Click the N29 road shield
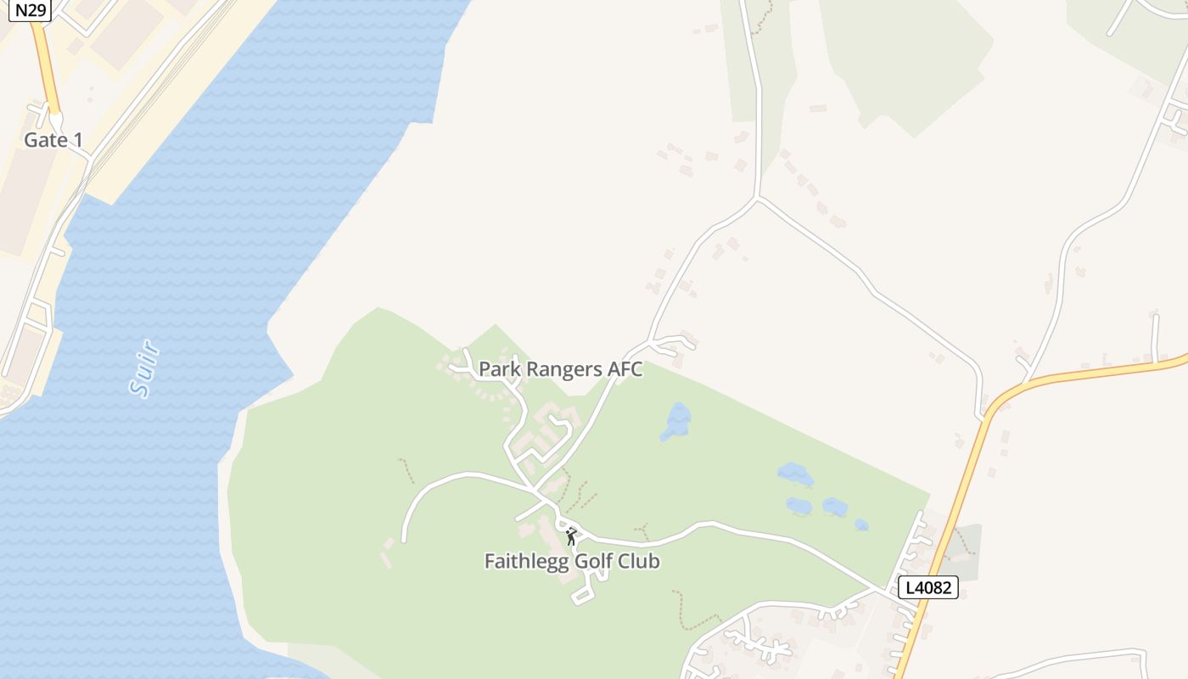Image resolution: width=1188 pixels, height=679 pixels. coord(31,10)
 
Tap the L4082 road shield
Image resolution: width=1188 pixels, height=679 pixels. coord(927,587)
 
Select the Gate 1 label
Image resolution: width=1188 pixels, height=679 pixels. coord(53,140)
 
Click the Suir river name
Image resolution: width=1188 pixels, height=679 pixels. coord(144,368)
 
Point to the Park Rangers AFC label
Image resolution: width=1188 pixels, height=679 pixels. coord(560,369)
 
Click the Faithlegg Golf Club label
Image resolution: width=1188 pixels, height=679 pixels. coord(572,561)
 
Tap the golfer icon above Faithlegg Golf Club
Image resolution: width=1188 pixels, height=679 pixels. coord(571,536)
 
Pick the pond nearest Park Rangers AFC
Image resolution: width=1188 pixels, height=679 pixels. coord(676,422)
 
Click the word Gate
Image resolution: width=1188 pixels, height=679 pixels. coord(44,140)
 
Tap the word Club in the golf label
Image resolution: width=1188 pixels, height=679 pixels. coord(639,561)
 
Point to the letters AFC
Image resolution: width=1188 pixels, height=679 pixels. coord(625,369)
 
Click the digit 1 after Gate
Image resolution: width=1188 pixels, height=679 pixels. coord(78,140)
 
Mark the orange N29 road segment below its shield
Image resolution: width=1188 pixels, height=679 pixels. coord(46,68)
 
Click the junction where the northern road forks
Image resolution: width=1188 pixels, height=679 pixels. coord(757,199)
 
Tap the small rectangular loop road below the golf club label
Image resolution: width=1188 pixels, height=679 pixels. coord(583,594)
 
